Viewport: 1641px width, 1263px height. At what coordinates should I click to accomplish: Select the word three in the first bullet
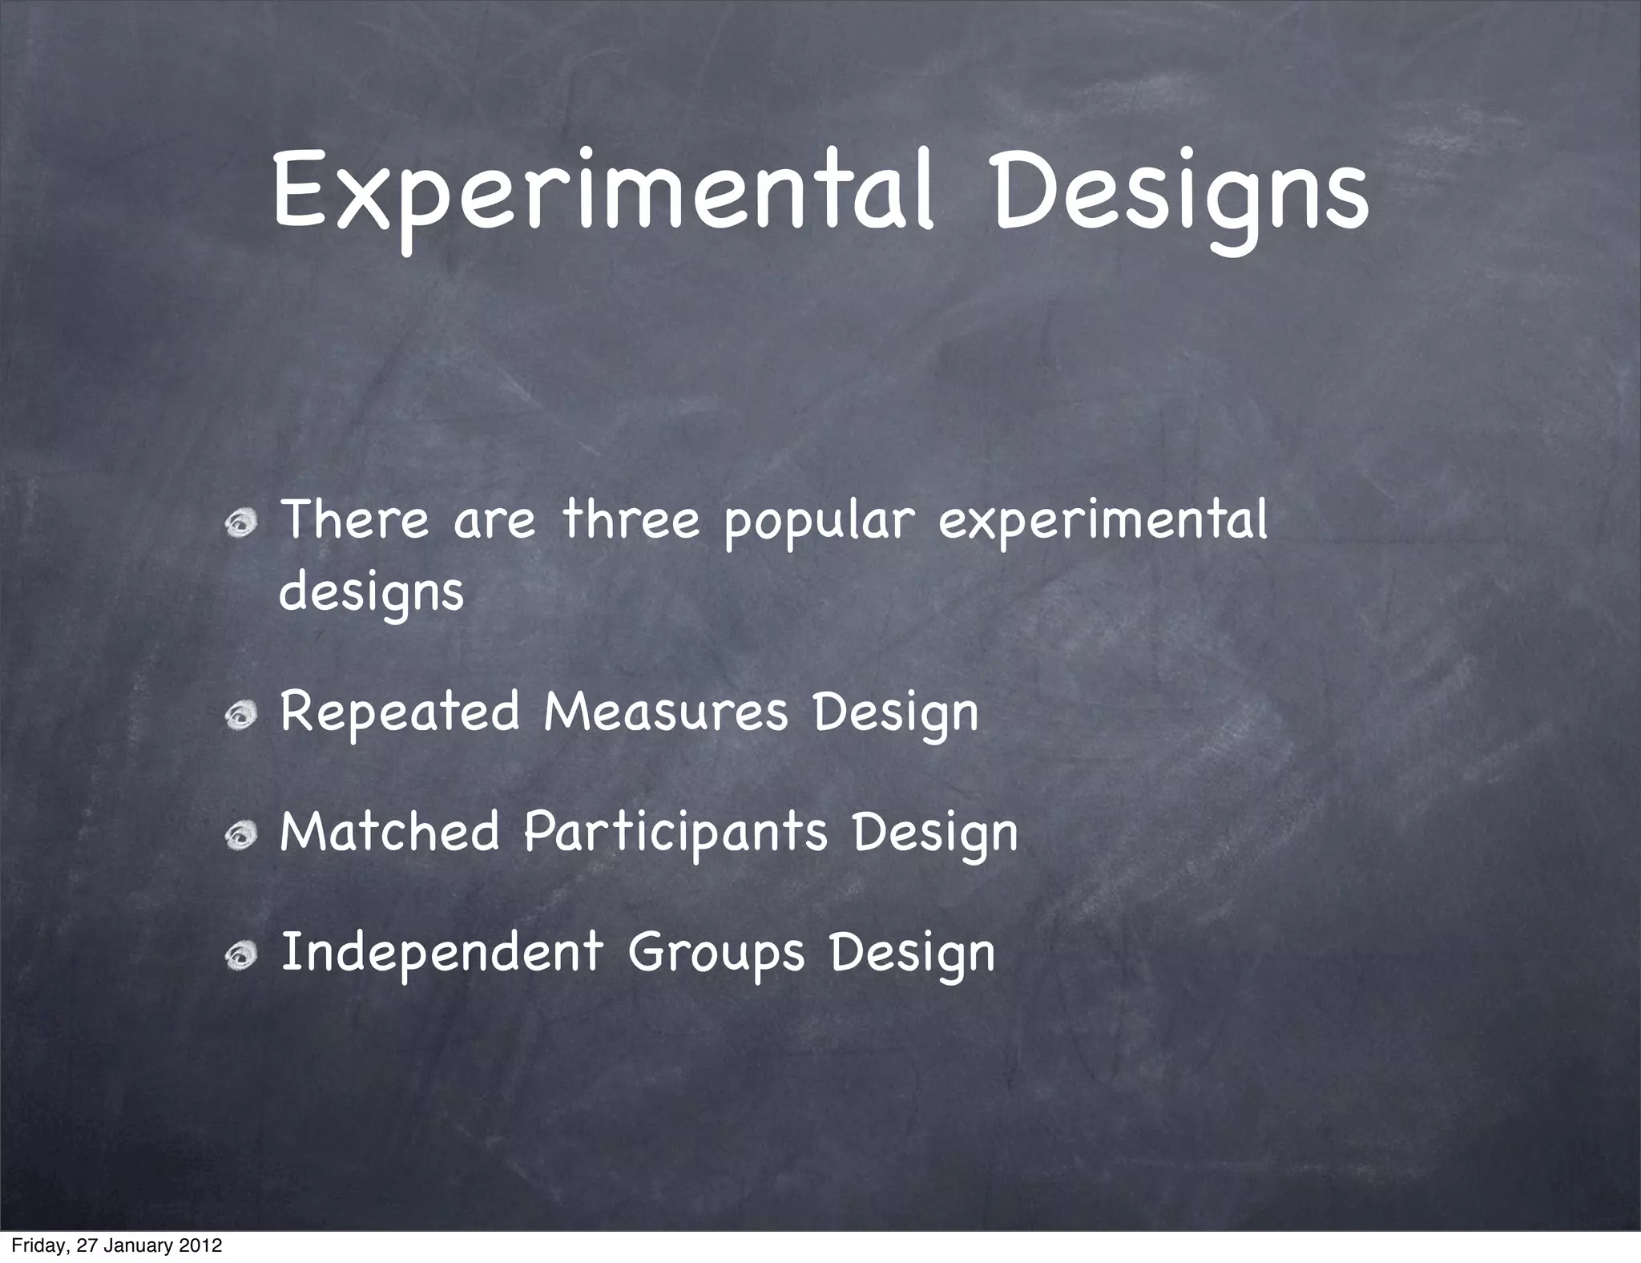coord(631,520)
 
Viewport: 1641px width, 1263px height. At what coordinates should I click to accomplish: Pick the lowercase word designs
coord(372,594)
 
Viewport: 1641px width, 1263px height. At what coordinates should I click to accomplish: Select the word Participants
coord(675,833)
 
